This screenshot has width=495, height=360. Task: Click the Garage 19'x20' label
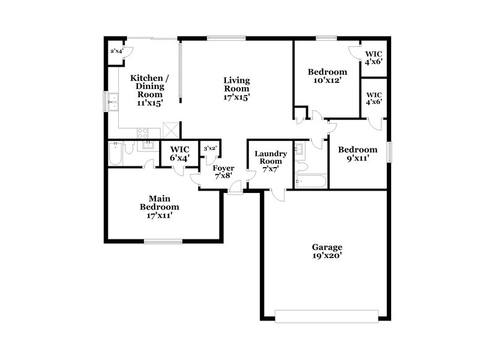327,250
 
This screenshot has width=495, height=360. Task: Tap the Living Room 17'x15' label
236,88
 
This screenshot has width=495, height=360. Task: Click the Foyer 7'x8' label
223,173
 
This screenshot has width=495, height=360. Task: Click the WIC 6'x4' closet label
179,153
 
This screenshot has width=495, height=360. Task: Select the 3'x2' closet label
209,148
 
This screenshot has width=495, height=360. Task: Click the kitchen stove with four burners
142,131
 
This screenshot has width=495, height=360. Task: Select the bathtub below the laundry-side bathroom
311,181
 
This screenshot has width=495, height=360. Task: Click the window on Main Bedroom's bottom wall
162,241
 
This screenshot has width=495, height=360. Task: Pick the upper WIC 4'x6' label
373,57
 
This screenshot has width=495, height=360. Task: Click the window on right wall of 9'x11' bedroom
390,152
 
